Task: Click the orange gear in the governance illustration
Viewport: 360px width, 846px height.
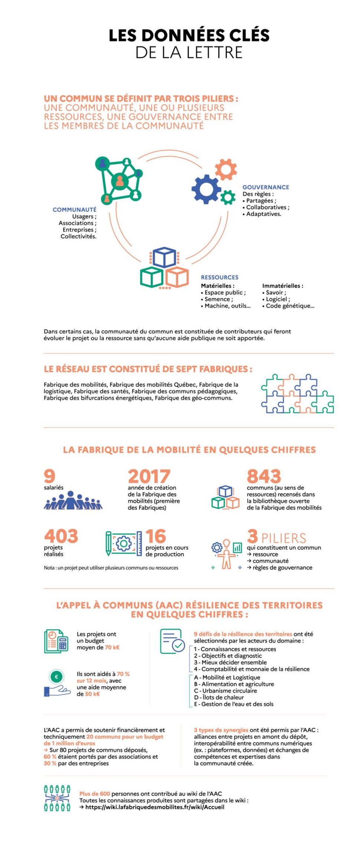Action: point(226,169)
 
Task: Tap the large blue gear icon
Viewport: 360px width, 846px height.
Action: point(206,189)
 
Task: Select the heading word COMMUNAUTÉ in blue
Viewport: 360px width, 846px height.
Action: point(75,210)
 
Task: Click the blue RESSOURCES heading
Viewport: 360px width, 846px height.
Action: point(220,277)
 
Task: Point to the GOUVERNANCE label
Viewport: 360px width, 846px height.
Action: point(266,187)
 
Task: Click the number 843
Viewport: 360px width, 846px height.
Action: point(264,476)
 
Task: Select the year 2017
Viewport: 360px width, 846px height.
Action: point(149,476)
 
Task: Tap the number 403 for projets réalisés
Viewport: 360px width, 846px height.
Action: point(61,536)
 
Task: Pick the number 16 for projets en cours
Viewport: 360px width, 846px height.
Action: point(156,536)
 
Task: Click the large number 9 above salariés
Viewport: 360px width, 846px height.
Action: point(49,476)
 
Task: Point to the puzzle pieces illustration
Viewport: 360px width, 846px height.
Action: point(297,394)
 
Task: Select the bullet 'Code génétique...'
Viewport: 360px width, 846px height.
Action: point(290,306)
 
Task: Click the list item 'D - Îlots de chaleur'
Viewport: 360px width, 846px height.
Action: point(219,697)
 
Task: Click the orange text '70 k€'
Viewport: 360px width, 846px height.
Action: point(112,647)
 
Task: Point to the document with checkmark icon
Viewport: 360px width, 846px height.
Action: point(173,641)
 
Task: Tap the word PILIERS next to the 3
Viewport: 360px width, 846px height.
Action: point(284,538)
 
